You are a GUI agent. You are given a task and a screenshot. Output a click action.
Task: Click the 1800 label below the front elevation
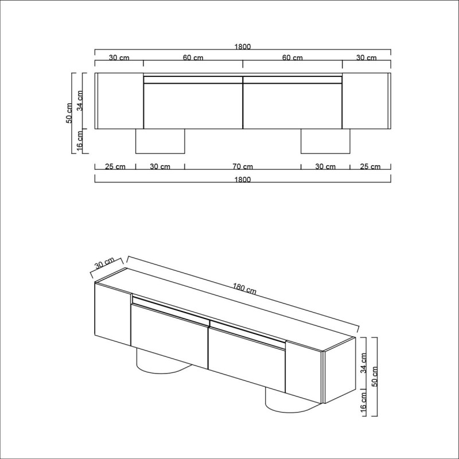[x=243, y=180]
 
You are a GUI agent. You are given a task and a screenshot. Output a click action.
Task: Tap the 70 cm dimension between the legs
[x=243, y=167]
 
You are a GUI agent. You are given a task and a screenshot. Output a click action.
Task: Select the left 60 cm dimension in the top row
[x=193, y=57]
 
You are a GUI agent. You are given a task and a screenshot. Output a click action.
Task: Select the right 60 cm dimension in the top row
[x=293, y=57]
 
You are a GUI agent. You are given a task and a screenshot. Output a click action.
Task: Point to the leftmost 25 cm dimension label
[x=115, y=167]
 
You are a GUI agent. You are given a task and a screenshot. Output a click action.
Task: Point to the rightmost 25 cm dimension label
[x=370, y=167]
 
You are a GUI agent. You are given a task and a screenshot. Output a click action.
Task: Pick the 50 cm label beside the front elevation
[x=69, y=113]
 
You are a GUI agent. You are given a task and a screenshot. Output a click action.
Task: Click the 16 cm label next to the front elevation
[x=80, y=142]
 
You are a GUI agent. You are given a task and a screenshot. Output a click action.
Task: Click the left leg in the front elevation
[x=160, y=141]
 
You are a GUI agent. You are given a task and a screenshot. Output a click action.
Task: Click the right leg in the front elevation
[x=325, y=141]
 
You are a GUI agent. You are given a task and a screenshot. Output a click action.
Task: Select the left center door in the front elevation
[x=193, y=106]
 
